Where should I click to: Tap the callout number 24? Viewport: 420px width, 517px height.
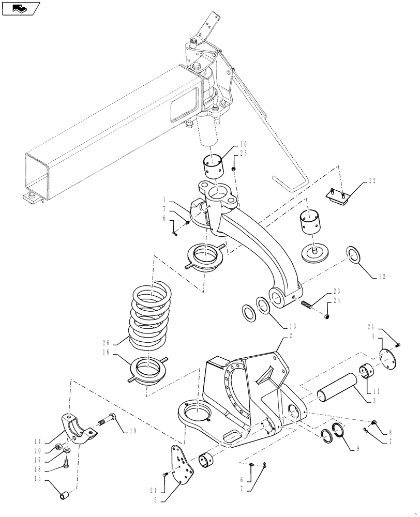coord(337,300)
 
